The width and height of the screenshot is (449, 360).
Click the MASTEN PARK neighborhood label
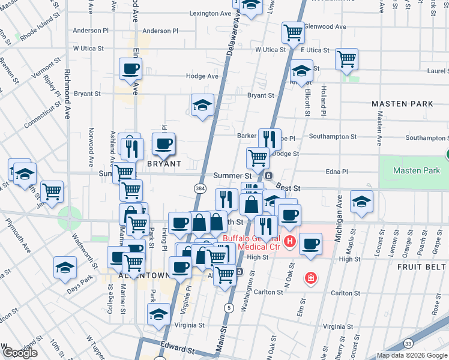click(x=402, y=104)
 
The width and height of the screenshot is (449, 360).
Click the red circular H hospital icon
click(x=290, y=242)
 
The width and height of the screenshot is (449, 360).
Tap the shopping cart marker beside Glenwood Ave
click(x=293, y=32)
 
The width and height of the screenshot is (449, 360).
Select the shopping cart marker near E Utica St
click(x=346, y=59)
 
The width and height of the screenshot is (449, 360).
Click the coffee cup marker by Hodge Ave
click(x=130, y=68)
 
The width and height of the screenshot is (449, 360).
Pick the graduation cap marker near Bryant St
click(x=203, y=105)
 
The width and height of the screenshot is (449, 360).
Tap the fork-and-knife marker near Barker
click(x=270, y=139)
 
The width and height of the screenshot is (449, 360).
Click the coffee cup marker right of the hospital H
click(x=310, y=244)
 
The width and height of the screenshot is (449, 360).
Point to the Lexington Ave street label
click(x=210, y=13)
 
